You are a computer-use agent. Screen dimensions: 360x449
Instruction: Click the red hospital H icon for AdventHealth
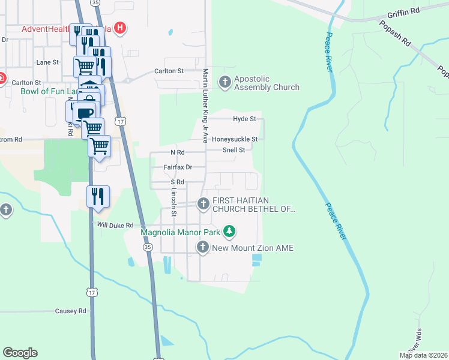point(121,28)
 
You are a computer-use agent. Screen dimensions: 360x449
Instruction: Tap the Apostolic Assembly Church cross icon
point(226,83)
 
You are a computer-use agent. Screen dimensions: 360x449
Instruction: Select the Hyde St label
point(244,119)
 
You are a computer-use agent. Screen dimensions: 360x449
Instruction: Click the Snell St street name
point(234,150)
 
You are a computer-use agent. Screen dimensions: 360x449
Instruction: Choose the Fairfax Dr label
point(178,167)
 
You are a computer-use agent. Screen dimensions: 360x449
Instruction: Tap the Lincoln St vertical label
point(174,202)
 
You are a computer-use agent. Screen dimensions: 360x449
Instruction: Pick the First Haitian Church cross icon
point(203,205)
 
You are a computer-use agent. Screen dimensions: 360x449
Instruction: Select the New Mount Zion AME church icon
point(203,247)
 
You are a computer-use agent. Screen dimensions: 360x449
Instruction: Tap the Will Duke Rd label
point(115,225)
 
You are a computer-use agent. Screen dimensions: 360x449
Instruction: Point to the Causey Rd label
point(70,311)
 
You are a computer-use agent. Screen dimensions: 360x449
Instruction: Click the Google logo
point(20,353)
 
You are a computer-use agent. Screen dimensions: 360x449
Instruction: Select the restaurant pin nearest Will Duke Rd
point(98,197)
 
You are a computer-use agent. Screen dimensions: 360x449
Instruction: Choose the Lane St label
point(47,62)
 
